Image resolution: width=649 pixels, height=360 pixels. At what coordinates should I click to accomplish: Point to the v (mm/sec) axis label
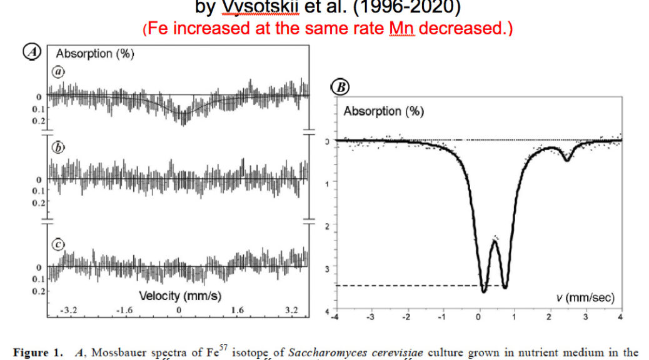tap(585, 297)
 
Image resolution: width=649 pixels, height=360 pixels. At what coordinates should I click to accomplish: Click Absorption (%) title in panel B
tap(383, 111)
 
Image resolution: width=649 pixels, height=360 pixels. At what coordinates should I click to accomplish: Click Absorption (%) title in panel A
tap(95, 54)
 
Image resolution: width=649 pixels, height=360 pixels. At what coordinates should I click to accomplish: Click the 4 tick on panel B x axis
tap(620, 318)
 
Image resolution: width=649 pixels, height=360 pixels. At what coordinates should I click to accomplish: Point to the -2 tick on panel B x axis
tap(406, 318)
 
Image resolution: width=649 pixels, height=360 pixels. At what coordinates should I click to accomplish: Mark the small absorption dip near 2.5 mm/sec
tap(566, 159)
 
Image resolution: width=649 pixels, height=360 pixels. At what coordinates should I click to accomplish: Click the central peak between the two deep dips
tap(494, 239)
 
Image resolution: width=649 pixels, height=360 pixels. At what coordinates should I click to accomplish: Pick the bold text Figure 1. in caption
tap(39, 352)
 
